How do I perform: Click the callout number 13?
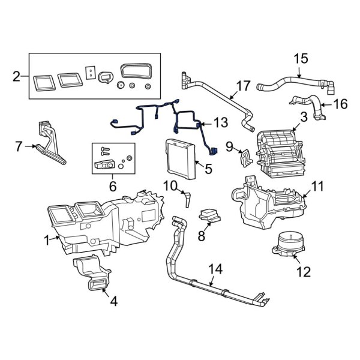click(221, 124)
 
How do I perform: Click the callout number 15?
click(300, 59)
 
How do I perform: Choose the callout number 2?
click(16, 76)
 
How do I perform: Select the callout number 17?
click(242, 86)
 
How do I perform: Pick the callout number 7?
click(18, 146)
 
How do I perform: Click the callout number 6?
click(112, 187)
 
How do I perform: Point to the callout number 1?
click(46, 241)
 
